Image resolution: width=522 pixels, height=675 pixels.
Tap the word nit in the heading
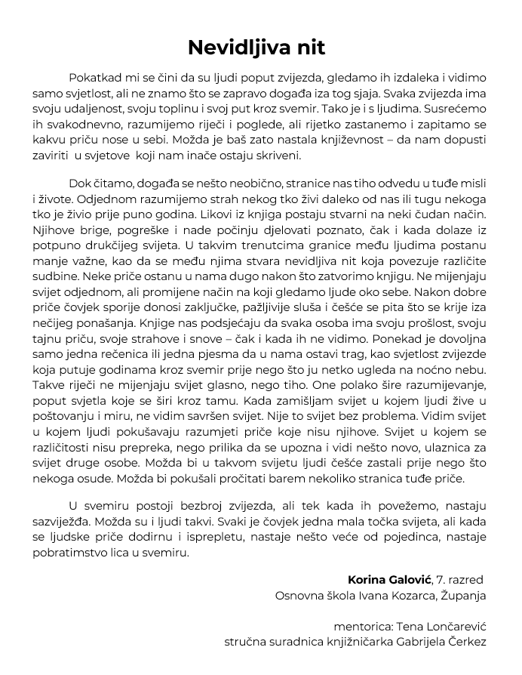[311, 48]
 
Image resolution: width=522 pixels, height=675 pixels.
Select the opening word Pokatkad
[94, 78]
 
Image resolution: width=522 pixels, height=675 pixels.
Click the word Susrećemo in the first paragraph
[454, 109]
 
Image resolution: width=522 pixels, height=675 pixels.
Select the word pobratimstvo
[69, 552]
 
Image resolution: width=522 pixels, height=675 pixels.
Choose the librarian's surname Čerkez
[465, 642]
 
